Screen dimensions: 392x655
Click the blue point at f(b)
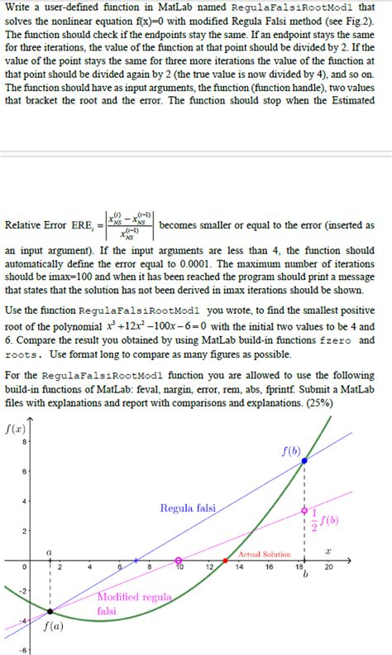[x=307, y=460]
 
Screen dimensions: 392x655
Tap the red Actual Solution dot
[x=226, y=561]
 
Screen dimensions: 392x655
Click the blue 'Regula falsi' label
[x=188, y=508]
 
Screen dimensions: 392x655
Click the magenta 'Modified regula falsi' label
[x=123, y=603]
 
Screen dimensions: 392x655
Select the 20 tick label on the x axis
[x=329, y=567]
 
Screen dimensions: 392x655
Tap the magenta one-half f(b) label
[x=323, y=520]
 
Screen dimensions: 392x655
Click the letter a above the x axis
[x=49, y=549]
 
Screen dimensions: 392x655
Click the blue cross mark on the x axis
[x=137, y=561]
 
